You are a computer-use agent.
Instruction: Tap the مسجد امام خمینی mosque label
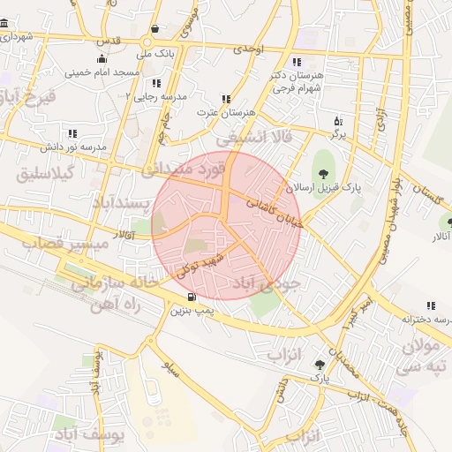point(102,71)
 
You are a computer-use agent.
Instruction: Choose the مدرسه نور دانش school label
point(74,145)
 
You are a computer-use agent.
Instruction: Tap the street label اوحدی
point(249,51)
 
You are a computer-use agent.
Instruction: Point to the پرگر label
point(337,134)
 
